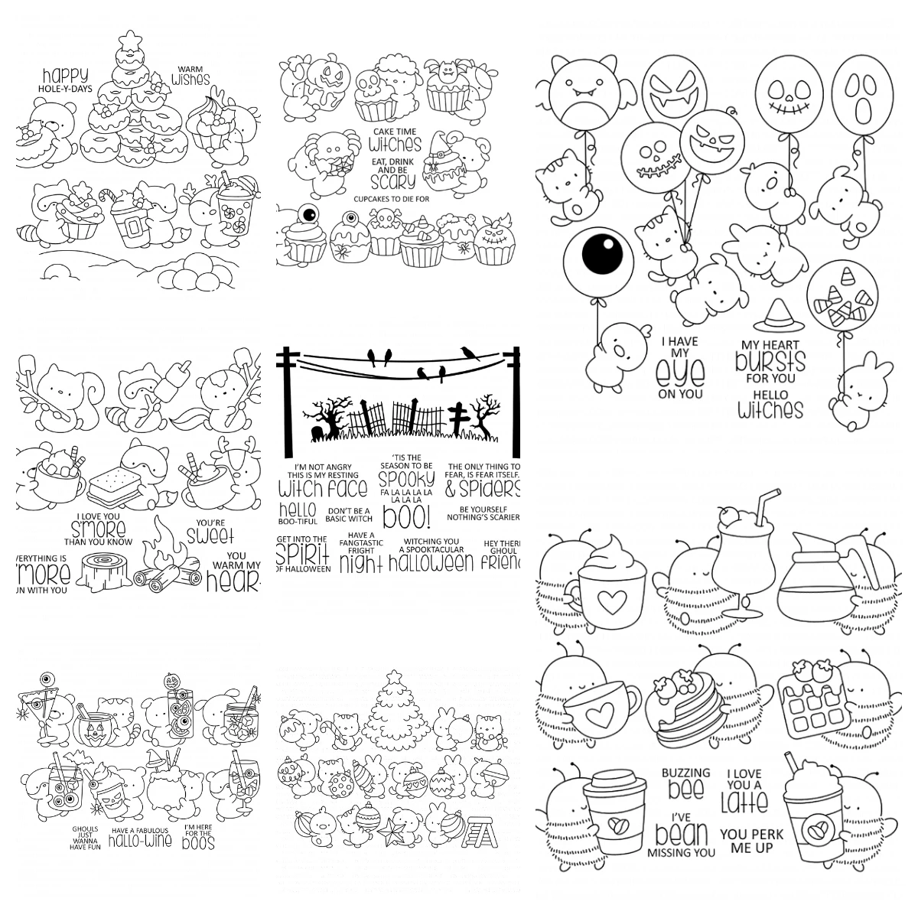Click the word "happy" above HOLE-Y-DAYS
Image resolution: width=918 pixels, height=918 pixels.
65,75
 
